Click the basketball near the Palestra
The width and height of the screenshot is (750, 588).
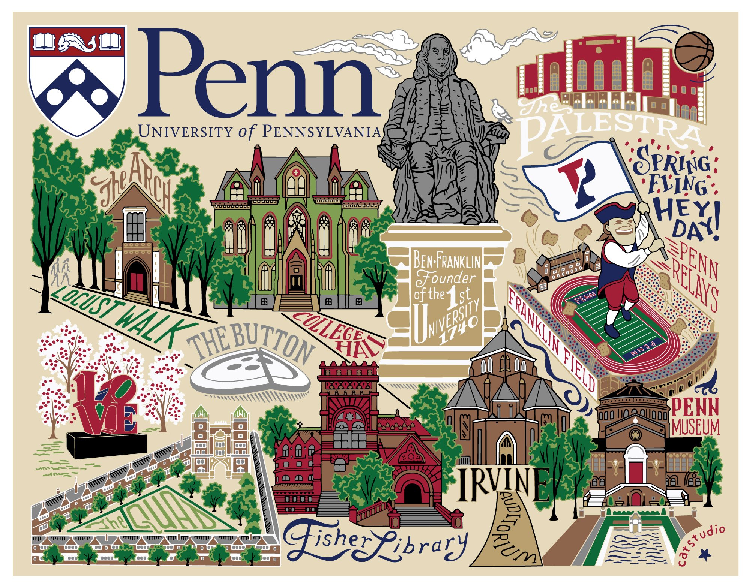pos(694,51)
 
